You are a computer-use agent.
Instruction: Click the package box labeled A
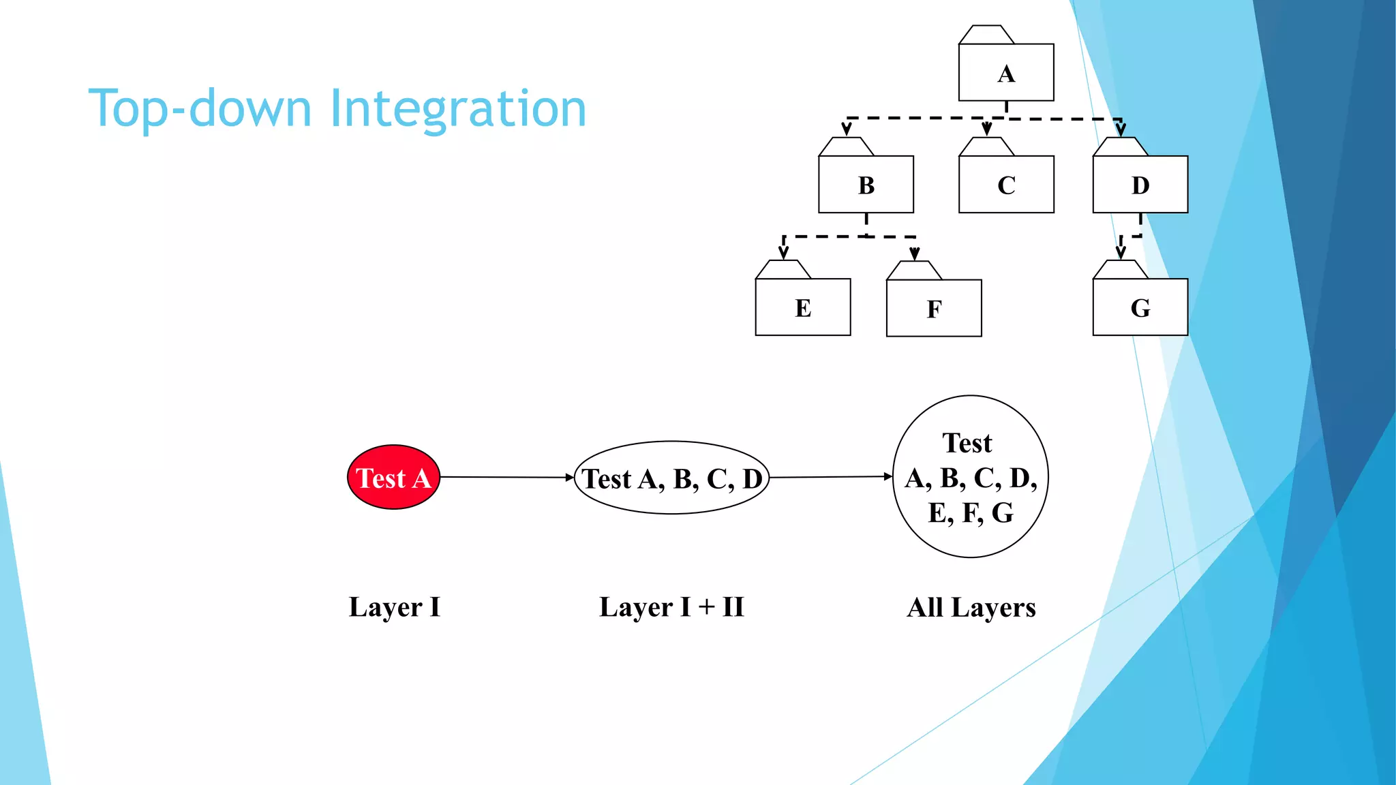click(1006, 73)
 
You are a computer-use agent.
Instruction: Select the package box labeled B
click(866, 185)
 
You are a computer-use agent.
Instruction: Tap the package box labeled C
click(1006, 185)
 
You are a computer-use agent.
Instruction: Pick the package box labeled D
click(1140, 185)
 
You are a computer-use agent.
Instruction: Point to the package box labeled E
click(803, 307)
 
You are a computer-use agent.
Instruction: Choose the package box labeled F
click(934, 308)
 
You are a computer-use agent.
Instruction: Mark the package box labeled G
click(1140, 307)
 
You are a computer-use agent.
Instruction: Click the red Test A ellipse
click(393, 478)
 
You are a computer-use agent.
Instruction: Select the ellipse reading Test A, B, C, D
click(671, 478)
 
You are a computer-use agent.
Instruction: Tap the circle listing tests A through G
click(970, 477)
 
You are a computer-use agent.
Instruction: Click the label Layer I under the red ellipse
click(394, 606)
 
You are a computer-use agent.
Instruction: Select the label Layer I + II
click(671, 606)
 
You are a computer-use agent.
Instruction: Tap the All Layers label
click(971, 606)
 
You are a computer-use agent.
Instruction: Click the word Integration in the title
click(458, 108)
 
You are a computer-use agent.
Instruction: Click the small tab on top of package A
click(986, 35)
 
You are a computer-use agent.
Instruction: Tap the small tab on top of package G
click(1120, 270)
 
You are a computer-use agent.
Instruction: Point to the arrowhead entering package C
click(986, 129)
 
